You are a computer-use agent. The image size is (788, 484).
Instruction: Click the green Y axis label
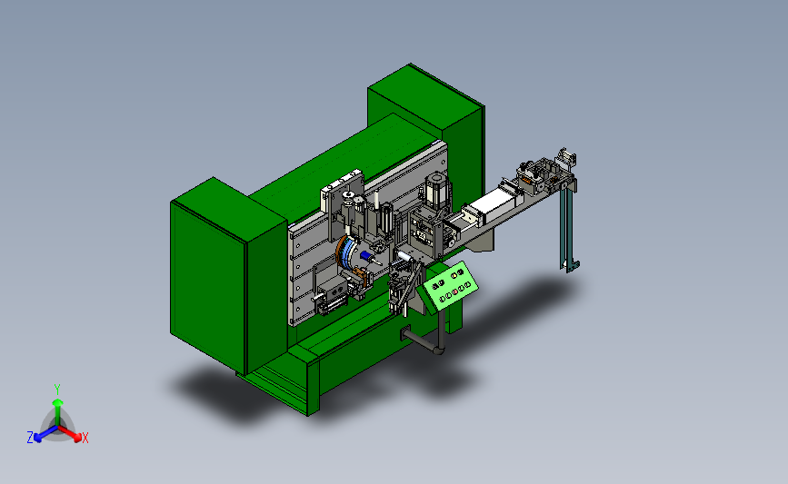(x=56, y=390)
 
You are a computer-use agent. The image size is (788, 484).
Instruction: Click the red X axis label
(x=85, y=438)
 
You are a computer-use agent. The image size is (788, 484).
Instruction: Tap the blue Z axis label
(x=30, y=438)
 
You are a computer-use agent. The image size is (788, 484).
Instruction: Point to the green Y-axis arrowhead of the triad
(x=57, y=402)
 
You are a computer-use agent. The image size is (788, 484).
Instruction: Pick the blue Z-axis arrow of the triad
(x=45, y=433)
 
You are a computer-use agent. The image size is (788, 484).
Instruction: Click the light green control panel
(x=450, y=285)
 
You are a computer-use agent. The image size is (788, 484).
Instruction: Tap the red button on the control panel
(x=455, y=291)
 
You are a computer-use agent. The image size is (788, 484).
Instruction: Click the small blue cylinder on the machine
(x=365, y=255)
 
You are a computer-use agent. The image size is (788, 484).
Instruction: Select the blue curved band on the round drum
(x=346, y=254)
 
